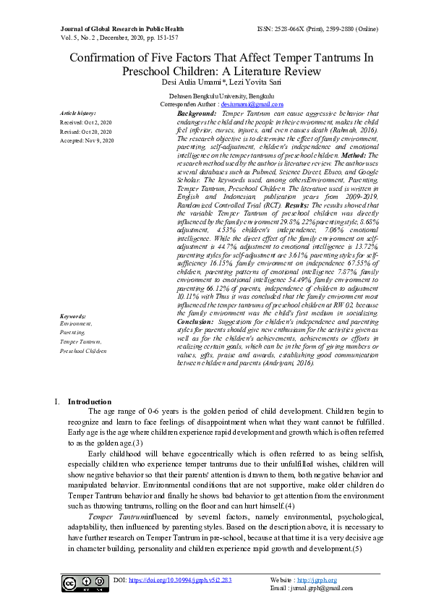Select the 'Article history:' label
pos(77,114)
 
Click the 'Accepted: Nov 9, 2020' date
pos(88,140)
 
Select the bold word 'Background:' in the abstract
pos(197,114)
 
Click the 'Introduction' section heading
pos(89,401)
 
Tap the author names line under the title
pos(215,81)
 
